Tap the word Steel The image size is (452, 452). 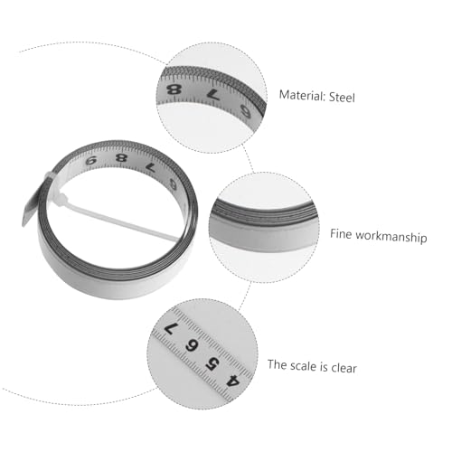[342, 98]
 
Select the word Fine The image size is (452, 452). [341, 234]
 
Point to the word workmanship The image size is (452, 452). [391, 237]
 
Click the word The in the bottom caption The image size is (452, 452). [277, 364]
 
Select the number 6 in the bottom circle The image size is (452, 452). [192, 345]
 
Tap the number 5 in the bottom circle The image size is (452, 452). [212, 363]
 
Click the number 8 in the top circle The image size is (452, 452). [174, 89]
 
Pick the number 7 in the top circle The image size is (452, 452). [213, 95]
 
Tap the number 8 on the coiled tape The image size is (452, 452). [121, 157]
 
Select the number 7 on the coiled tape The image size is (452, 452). [150, 168]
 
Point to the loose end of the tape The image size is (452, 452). [29, 211]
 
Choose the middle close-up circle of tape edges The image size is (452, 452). [264, 228]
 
